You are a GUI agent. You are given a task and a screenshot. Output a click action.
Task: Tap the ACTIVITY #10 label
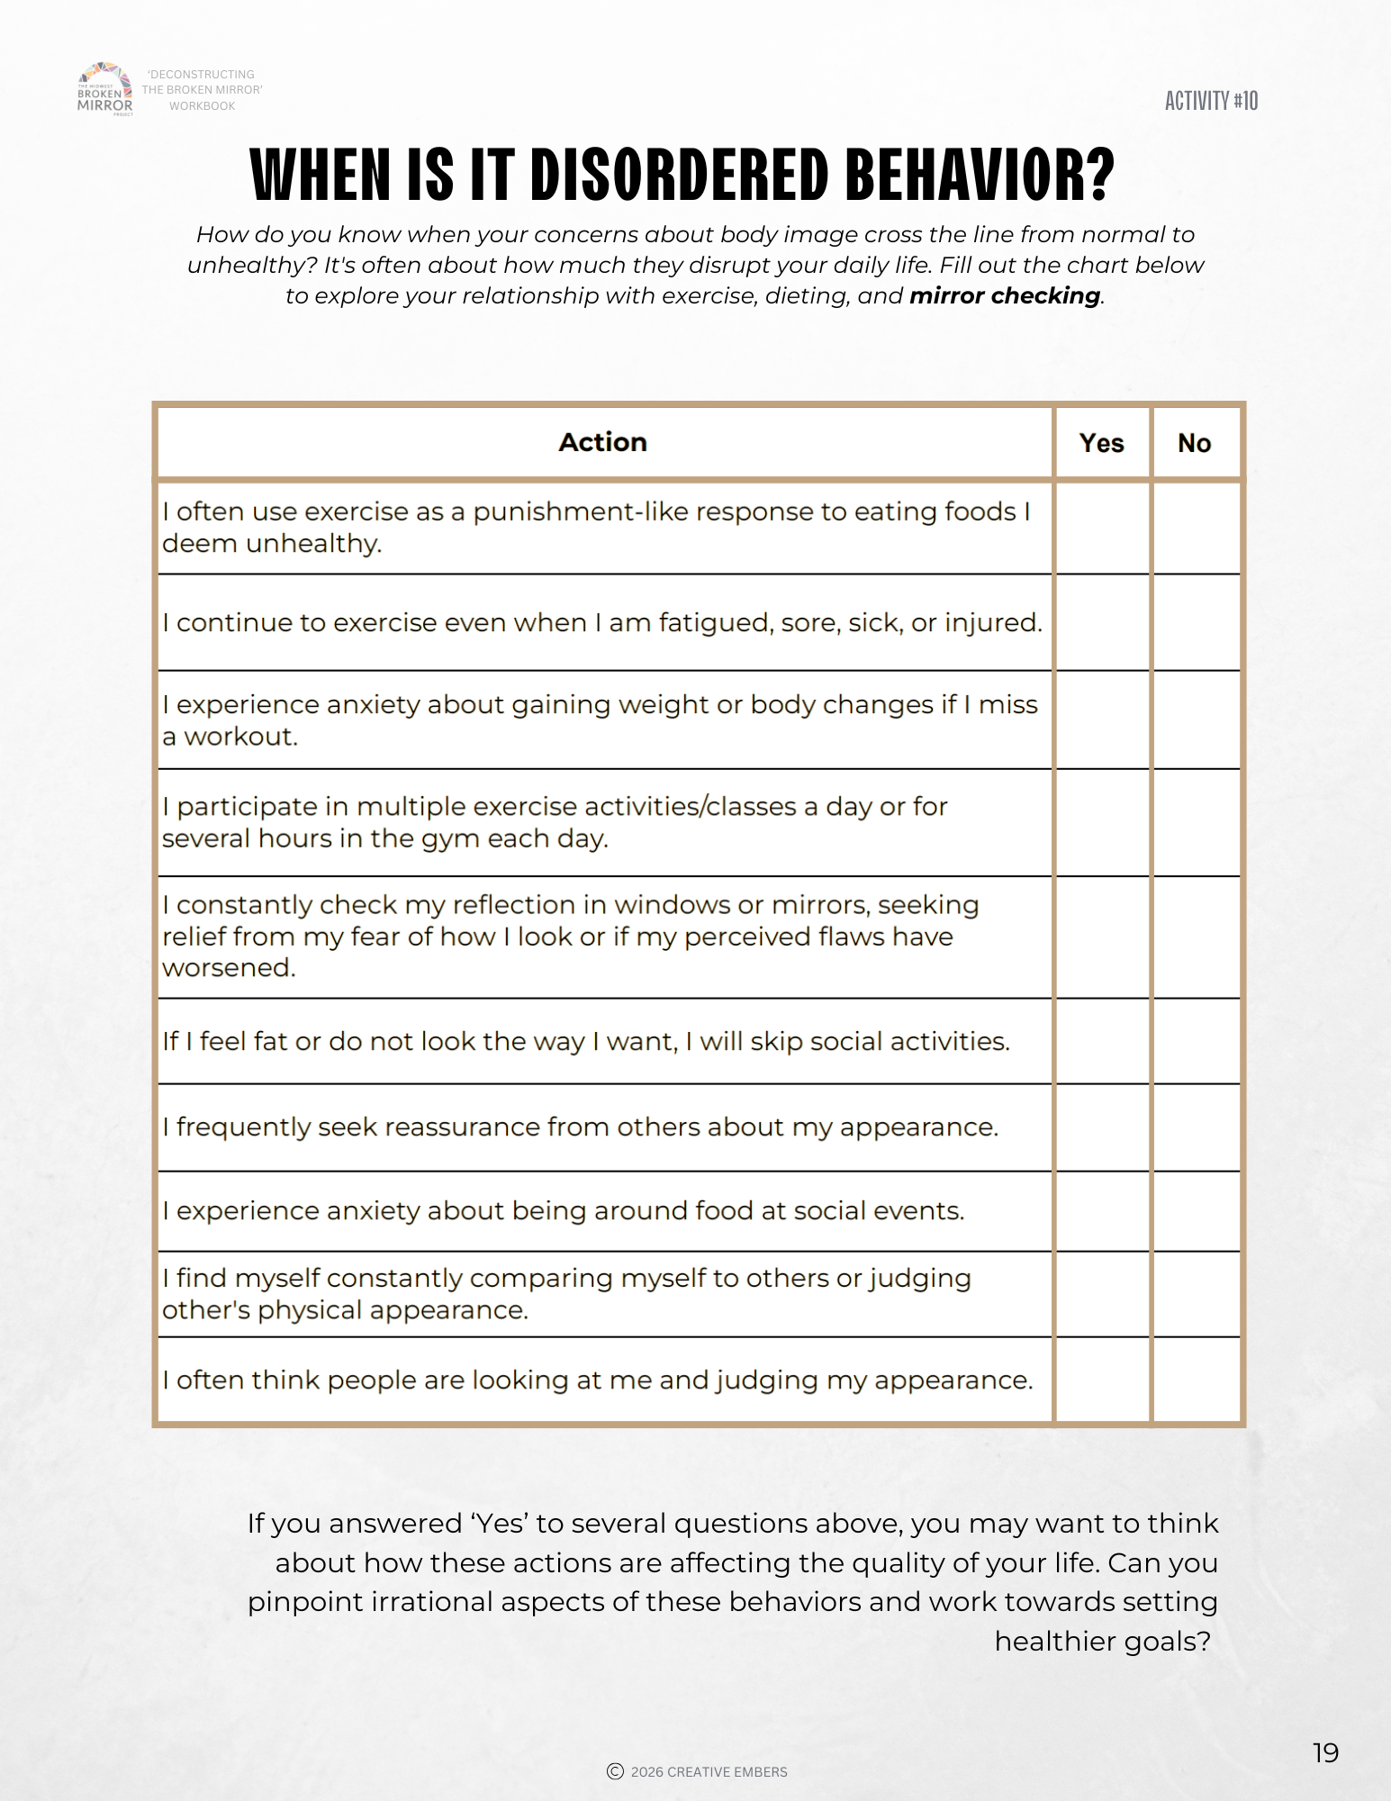click(1211, 101)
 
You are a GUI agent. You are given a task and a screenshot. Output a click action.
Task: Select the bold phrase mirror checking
click(1005, 296)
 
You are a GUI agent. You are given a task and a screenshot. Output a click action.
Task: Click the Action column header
click(602, 442)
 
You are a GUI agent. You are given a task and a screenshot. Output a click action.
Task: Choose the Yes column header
click(1101, 443)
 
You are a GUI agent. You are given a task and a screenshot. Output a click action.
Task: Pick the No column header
click(1194, 443)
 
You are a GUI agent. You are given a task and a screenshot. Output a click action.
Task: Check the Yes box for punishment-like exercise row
click(1102, 528)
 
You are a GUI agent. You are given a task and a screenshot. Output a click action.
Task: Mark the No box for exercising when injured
click(1196, 622)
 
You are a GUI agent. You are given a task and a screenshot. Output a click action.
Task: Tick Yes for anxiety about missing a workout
click(1102, 719)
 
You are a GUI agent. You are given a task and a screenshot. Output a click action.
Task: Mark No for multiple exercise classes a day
click(1196, 822)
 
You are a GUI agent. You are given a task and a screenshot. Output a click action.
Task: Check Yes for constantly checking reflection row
click(1102, 937)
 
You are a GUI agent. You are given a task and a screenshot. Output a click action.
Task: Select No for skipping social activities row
click(1196, 1041)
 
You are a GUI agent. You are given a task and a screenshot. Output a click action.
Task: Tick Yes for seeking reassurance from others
click(1102, 1127)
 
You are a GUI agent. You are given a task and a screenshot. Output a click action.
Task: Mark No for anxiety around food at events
click(1196, 1211)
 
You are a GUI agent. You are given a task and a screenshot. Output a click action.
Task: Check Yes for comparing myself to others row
click(1102, 1294)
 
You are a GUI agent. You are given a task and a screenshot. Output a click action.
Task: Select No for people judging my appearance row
click(1196, 1380)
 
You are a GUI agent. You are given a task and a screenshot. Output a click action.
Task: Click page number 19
click(1325, 1752)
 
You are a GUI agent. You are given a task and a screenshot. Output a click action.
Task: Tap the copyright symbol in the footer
click(616, 1771)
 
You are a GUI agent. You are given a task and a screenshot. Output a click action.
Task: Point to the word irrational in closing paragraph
click(426, 1602)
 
